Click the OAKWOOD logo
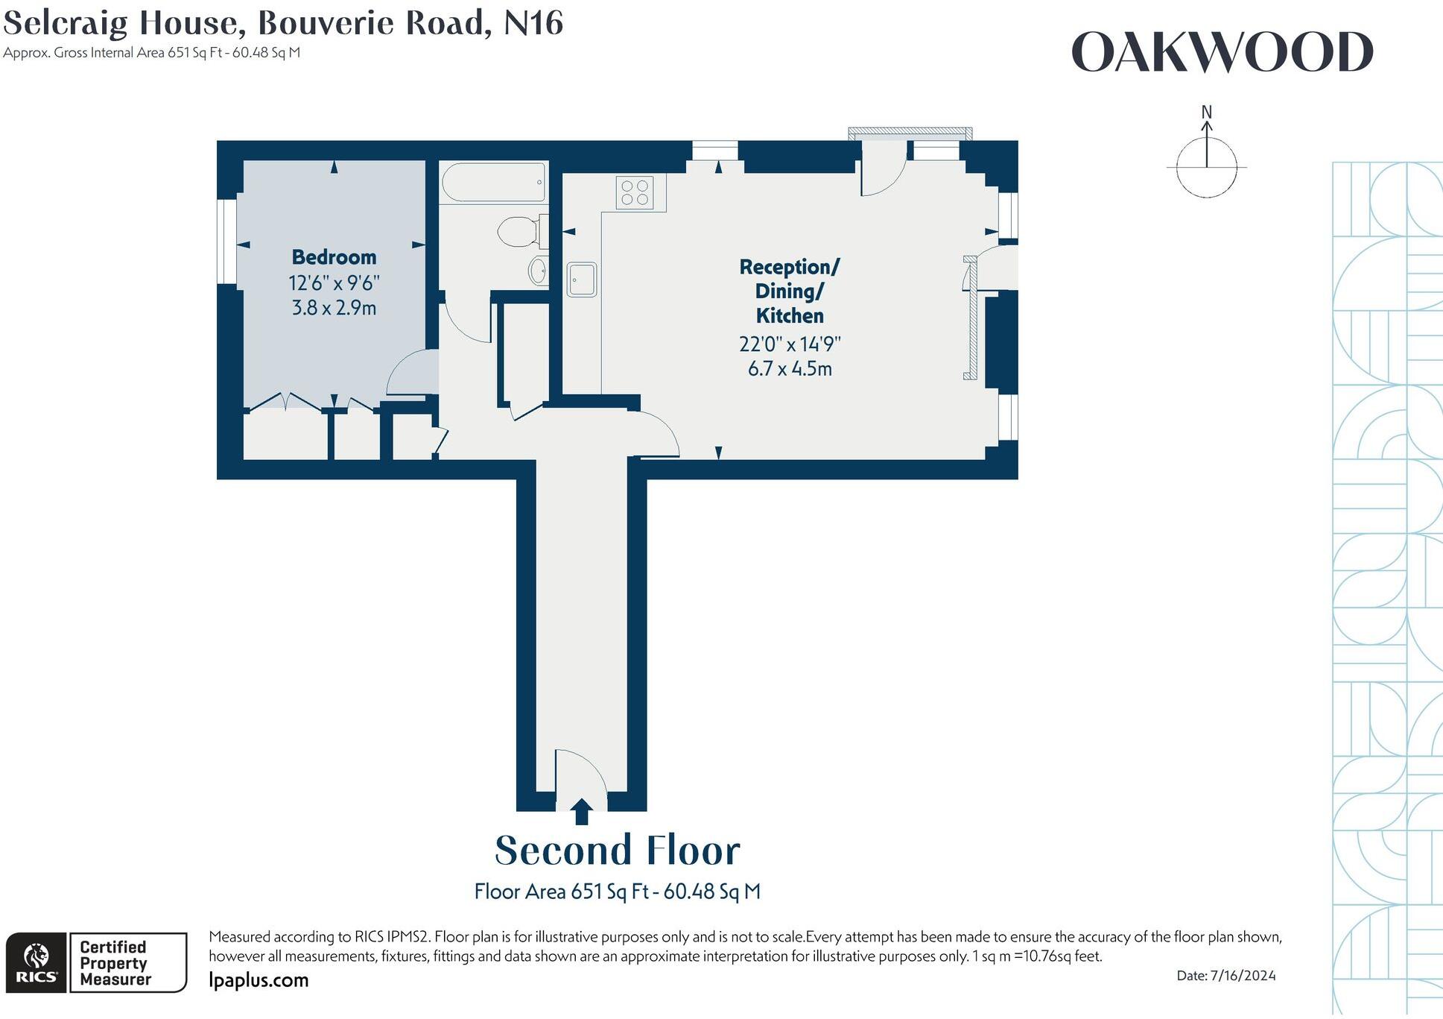coord(1222,53)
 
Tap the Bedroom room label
coord(334,257)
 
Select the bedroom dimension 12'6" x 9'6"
coord(334,283)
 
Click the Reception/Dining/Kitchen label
coord(790,291)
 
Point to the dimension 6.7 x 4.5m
coord(790,369)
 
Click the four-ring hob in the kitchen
coord(635,192)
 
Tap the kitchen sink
coord(582,280)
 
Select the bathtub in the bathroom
coord(494,182)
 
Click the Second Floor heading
coord(618,851)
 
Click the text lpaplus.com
coord(259,979)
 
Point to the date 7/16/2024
coord(1243,975)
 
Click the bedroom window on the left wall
coord(226,241)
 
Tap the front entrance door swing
coord(583,772)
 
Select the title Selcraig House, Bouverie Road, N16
coord(283,22)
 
